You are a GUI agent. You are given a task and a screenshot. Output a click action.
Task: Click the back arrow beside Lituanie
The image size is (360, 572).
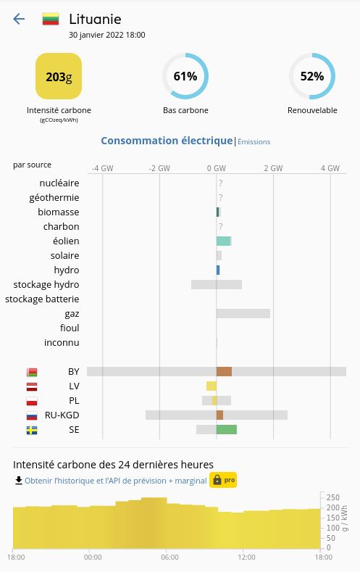[x=19, y=19]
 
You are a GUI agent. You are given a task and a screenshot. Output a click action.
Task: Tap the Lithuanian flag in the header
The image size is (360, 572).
[x=51, y=19]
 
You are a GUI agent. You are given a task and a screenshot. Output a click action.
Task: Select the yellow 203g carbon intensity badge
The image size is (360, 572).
[x=59, y=76]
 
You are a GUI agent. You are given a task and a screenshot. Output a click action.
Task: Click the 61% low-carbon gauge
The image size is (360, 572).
[x=185, y=76]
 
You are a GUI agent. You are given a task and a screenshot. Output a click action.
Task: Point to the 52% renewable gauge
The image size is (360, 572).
[x=312, y=76]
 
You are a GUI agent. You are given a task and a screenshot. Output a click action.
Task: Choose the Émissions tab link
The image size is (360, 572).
[x=254, y=142]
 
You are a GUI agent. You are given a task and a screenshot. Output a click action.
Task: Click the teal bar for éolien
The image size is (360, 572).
[x=223, y=241]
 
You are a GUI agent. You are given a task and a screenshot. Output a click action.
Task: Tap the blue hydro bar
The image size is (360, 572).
[x=218, y=270]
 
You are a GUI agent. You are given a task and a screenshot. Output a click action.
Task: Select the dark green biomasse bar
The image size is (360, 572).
[x=217, y=212]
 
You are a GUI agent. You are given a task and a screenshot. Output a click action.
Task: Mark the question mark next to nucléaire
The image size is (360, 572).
[x=220, y=183]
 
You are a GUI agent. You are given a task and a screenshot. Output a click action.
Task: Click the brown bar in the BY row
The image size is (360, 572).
[x=224, y=371]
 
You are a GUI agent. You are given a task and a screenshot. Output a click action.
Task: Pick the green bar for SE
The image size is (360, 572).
[x=227, y=429]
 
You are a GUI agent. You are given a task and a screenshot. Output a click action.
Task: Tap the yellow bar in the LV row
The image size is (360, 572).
[x=212, y=386]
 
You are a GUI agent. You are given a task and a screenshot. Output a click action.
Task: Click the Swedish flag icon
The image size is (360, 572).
[x=32, y=431]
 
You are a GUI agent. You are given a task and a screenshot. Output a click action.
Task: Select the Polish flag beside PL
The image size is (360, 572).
[x=32, y=402]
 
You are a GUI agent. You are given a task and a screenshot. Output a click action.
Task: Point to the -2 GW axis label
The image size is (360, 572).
[x=159, y=168]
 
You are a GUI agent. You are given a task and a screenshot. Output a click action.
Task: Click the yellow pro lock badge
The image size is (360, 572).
[x=223, y=480]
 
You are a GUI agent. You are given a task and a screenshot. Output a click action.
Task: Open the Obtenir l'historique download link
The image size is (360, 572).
[x=116, y=481]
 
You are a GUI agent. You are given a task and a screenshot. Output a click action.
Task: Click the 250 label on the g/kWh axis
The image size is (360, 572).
[x=333, y=497]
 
